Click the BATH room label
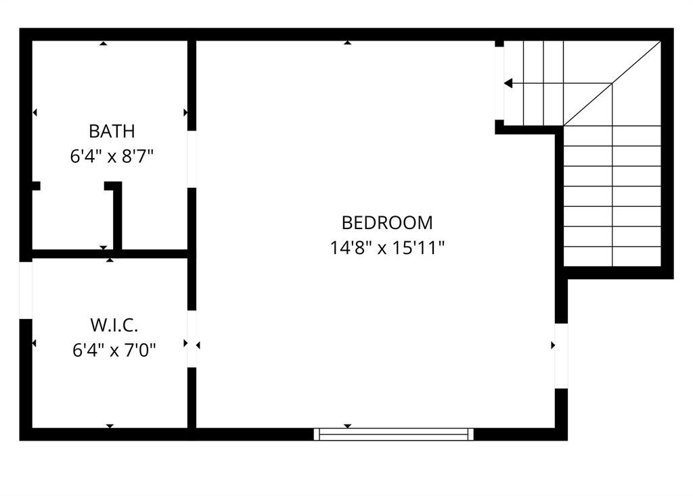(112, 131)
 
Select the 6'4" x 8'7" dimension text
(112, 156)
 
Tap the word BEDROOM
(386, 222)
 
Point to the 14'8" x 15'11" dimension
(386, 248)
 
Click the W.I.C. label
(114, 325)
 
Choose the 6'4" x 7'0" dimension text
(114, 350)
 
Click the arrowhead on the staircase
(508, 83)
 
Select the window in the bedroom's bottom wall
(394, 434)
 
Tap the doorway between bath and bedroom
(192, 159)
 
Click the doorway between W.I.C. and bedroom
(192, 339)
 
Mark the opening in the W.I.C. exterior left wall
(26, 290)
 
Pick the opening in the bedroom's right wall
(561, 355)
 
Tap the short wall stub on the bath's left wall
(36, 186)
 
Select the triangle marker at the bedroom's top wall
(347, 43)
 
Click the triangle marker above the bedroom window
(347, 426)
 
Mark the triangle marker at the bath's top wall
(103, 43)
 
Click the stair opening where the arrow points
(499, 83)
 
